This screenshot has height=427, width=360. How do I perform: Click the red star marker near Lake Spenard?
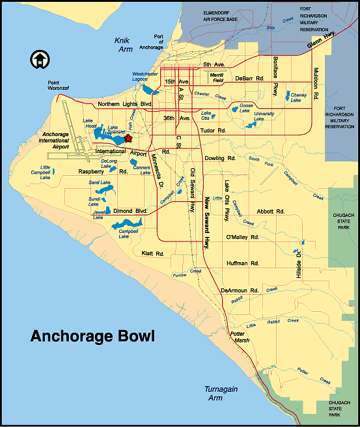pos(128,138)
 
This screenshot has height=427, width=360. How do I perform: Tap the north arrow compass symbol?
pos(39,60)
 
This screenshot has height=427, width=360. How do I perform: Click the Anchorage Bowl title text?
pos(92,337)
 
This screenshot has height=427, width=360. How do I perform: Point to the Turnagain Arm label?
pos(210,393)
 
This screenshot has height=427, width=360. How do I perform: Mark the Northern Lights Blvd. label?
pos(124,104)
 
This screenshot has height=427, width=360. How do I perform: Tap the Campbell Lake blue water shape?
pos(124,225)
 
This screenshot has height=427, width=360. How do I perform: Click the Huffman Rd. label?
pos(242,264)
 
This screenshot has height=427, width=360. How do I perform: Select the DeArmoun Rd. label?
pos(240,290)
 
